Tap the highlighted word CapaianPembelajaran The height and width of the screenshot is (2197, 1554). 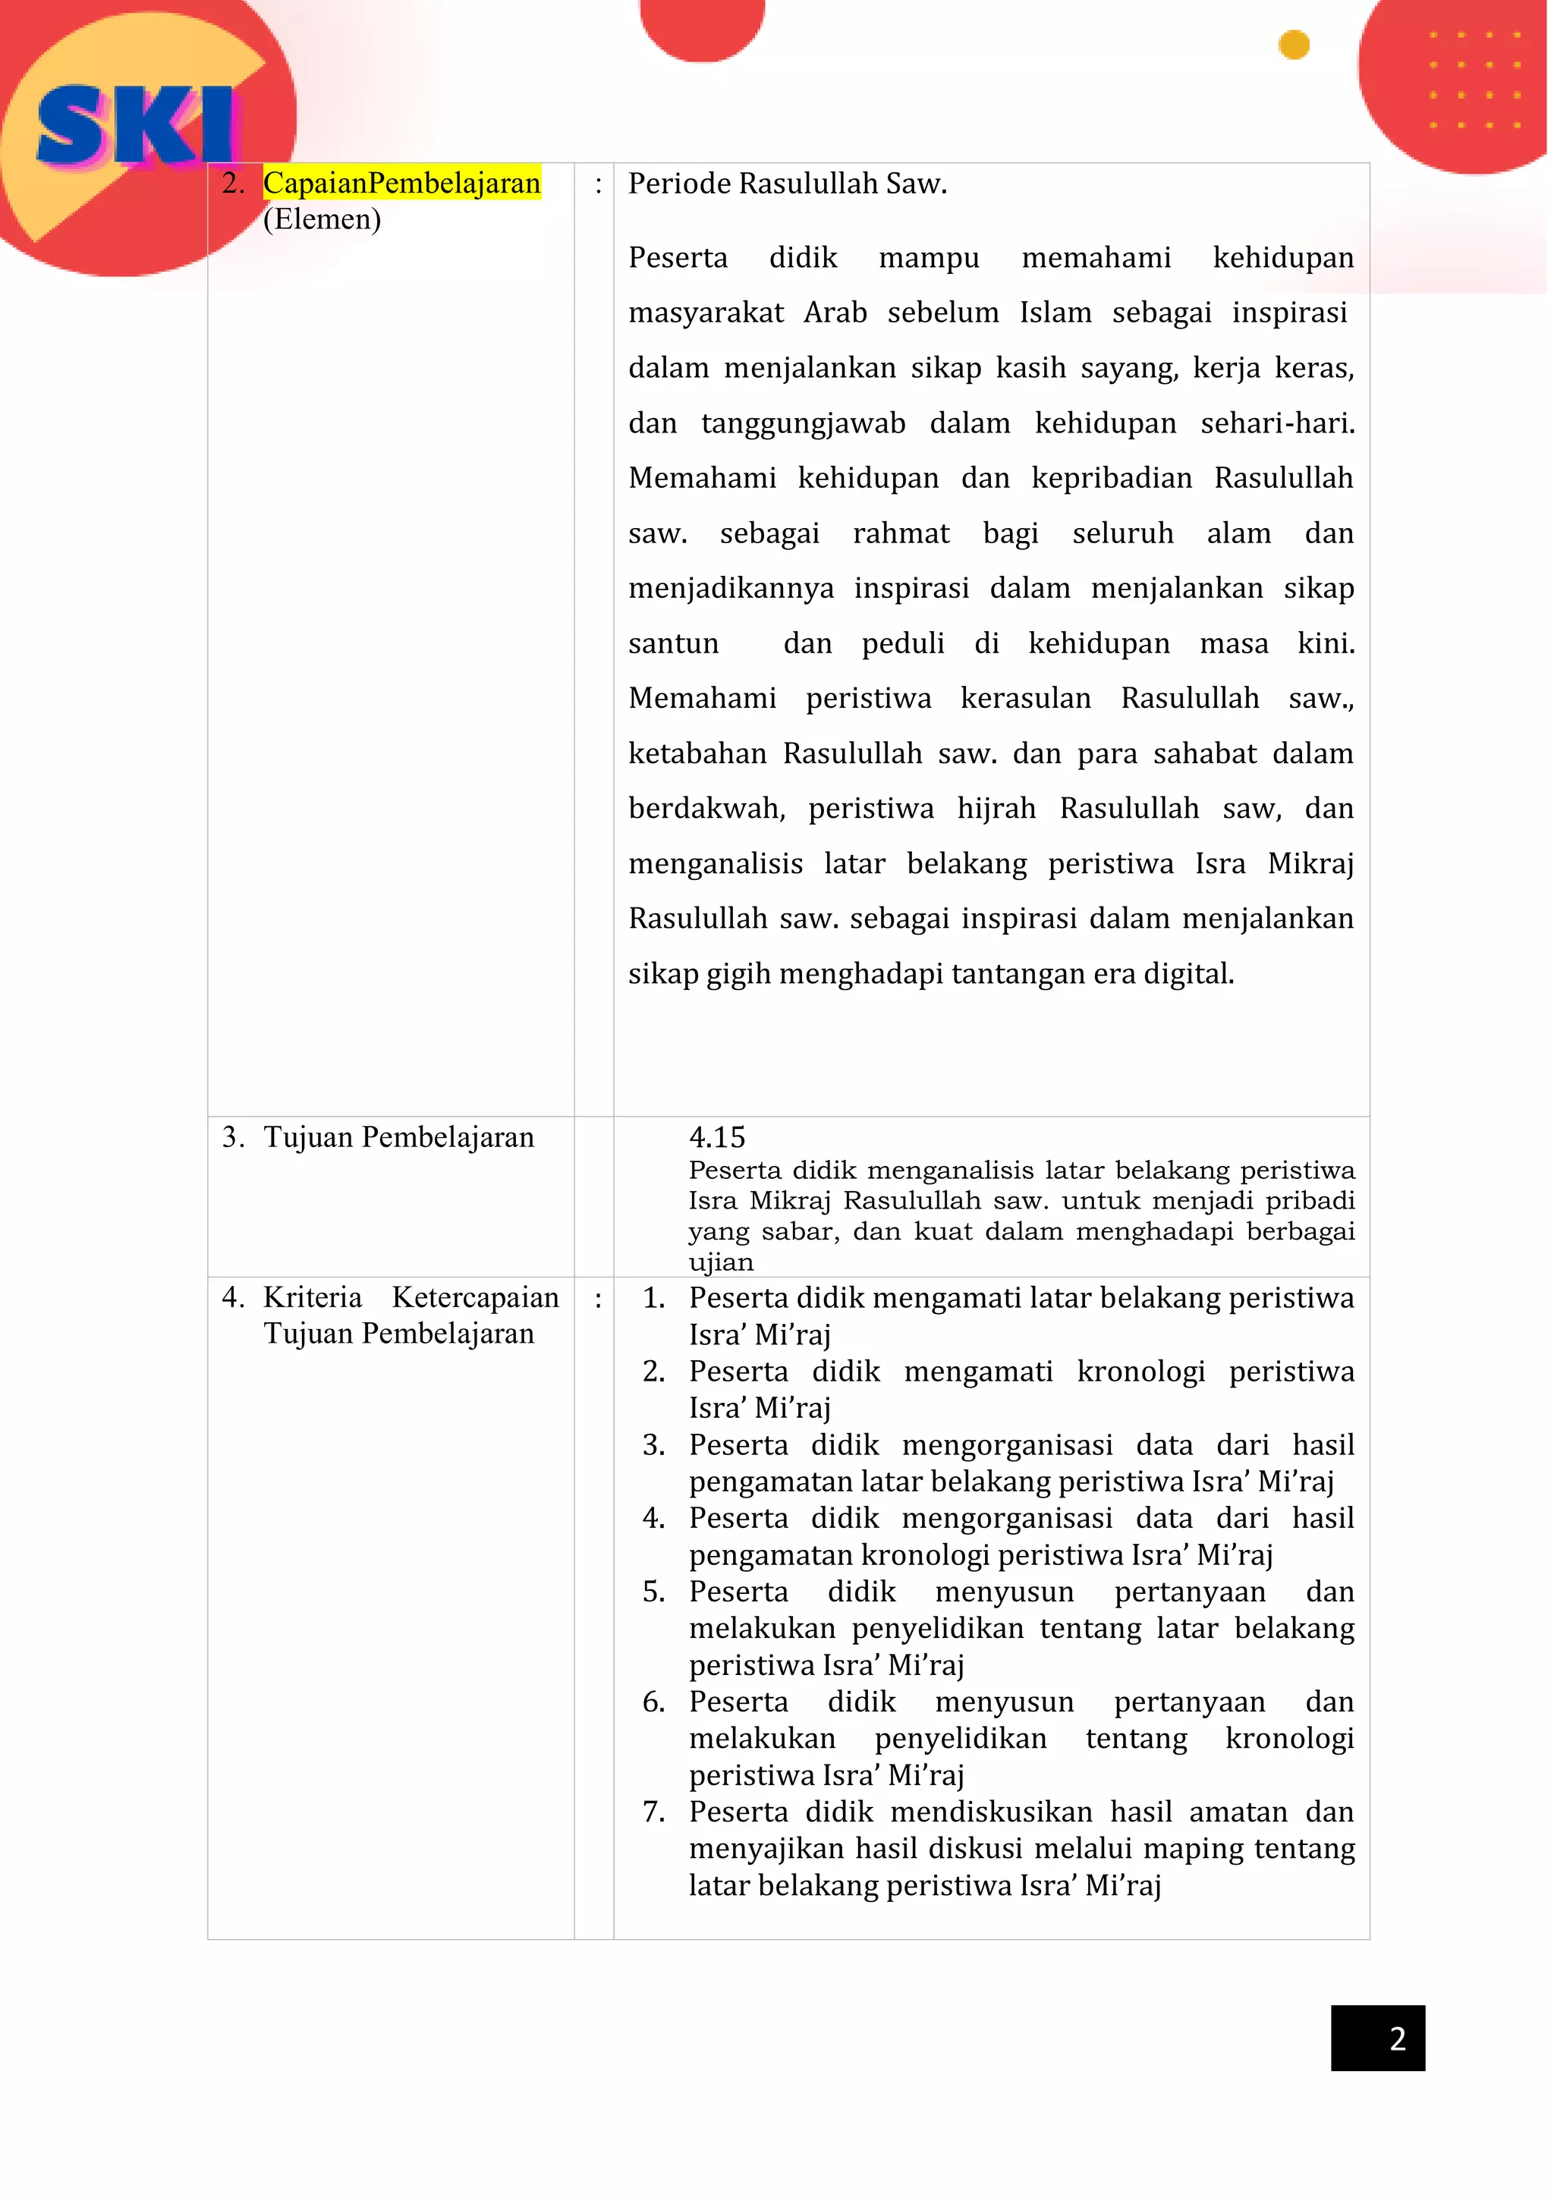(x=402, y=183)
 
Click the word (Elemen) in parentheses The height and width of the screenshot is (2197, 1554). (x=322, y=219)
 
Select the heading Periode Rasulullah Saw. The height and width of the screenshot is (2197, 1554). (x=787, y=184)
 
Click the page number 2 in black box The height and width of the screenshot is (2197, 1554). (x=1396, y=2038)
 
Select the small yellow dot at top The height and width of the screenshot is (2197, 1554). (x=1293, y=45)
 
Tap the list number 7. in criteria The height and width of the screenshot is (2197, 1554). (x=653, y=1812)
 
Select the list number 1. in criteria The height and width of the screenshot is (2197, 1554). (x=653, y=1297)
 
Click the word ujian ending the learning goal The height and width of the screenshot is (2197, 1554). (x=721, y=1262)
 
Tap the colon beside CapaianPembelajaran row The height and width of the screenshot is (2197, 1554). (x=598, y=184)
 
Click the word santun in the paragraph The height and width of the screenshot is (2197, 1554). (x=673, y=643)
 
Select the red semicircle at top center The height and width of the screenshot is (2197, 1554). (x=703, y=29)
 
